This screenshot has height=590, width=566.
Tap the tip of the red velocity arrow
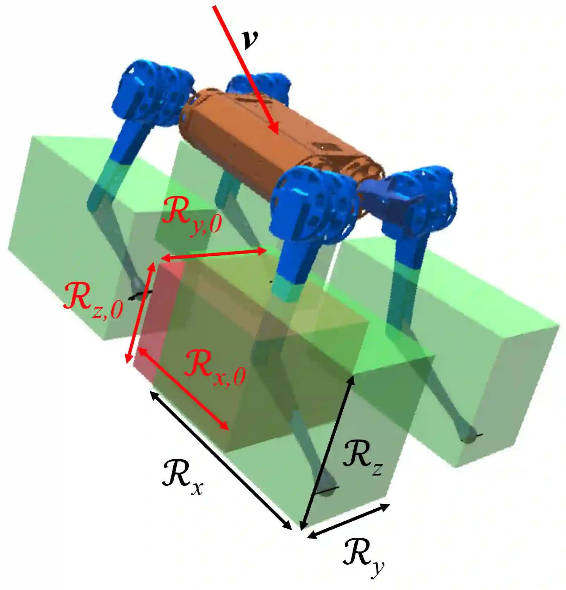pyautogui.click(x=278, y=133)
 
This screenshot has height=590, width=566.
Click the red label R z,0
pyautogui.click(x=93, y=300)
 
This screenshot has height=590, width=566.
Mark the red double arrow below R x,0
pyautogui.click(x=183, y=389)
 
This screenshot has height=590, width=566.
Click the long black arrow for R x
pyautogui.click(x=221, y=460)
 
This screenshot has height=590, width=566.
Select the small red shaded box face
pyautogui.click(x=160, y=317)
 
